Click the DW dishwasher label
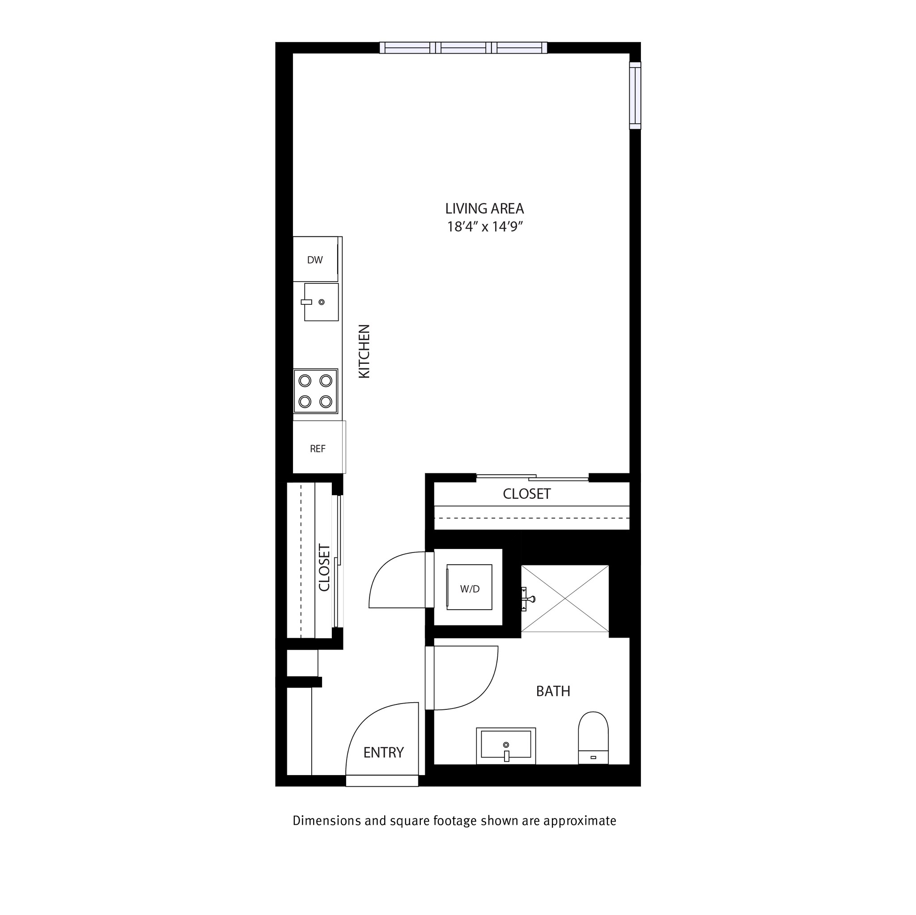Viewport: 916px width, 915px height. [315, 260]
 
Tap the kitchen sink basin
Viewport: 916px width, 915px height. [322, 302]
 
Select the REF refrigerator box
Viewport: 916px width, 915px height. [318, 448]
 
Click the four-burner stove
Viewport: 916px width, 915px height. [315, 391]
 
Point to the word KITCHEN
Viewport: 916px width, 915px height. [364, 351]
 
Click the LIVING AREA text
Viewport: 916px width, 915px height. [484, 208]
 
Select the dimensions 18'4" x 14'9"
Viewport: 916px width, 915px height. [484, 227]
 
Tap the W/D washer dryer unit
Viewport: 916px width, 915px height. [469, 589]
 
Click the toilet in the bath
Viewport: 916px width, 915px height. [593, 738]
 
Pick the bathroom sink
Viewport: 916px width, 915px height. [506, 745]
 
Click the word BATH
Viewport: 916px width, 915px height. [553, 692]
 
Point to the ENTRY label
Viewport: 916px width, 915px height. [383, 752]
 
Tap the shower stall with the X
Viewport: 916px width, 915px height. [565, 599]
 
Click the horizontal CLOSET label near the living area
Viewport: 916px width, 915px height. [526, 494]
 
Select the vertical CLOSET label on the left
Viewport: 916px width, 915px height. [324, 568]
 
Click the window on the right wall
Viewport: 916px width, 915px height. [635, 95]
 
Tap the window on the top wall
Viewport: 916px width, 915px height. [463, 47]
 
